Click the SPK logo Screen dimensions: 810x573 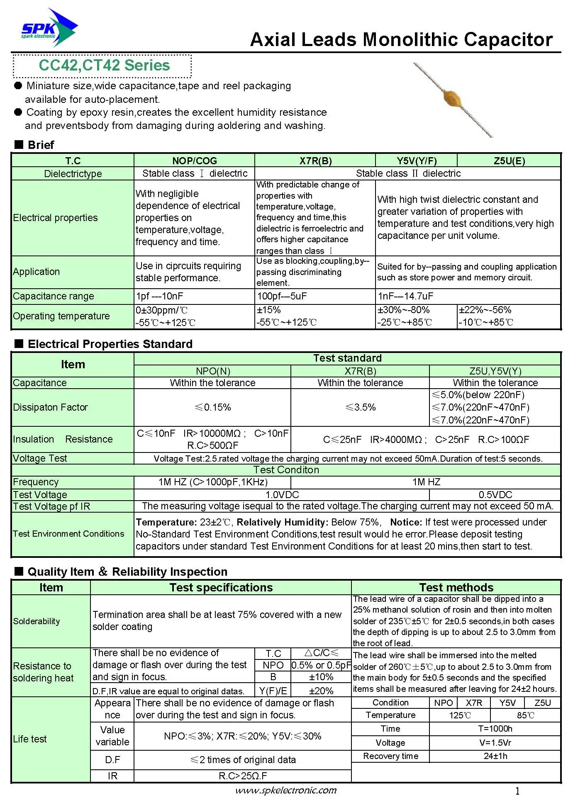pos(49,28)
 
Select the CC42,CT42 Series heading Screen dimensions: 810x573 pos(104,66)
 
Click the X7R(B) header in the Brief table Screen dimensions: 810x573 pos(315,161)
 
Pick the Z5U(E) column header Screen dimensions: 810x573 pos(509,161)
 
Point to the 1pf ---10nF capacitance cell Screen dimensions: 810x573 pos(159,296)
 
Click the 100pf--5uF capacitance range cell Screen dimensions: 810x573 pos(282,296)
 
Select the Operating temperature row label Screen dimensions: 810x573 pos(61,316)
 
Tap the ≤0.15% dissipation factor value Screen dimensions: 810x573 pos(213,407)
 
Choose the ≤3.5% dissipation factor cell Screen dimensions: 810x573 pos(360,407)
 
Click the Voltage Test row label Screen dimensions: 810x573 pos(40,458)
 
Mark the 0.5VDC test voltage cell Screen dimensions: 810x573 pos(495,495)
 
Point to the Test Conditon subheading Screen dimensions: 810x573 pos(286,470)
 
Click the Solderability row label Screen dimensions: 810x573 pos(37,621)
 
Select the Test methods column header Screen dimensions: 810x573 pos(456,587)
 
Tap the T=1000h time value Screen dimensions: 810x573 pos(495,729)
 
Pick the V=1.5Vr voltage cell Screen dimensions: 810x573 pos(495,743)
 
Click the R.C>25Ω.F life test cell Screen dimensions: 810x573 pos(243,776)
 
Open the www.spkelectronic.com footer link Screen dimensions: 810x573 pos(286,791)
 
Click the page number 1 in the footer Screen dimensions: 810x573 pos(517,791)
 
